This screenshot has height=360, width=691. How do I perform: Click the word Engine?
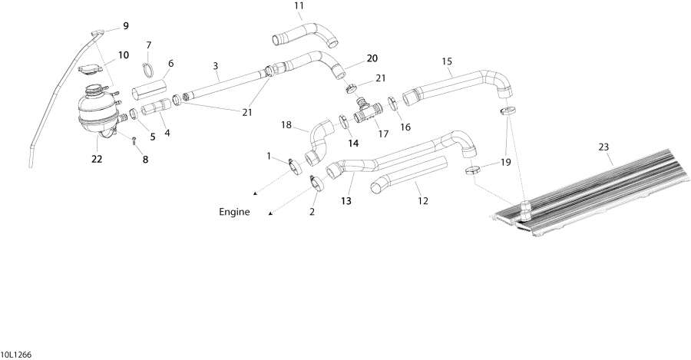pos(235,213)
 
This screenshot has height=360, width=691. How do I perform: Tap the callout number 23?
pos(603,146)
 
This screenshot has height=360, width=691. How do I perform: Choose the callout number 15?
pos(447,61)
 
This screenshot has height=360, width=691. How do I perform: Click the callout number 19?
pos(506,162)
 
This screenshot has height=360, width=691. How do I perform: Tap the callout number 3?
pos(216,66)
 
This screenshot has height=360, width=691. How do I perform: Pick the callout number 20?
pos(372,58)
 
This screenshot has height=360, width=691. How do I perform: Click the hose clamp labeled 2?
pos(317,184)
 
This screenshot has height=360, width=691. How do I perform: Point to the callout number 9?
pos(125,26)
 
